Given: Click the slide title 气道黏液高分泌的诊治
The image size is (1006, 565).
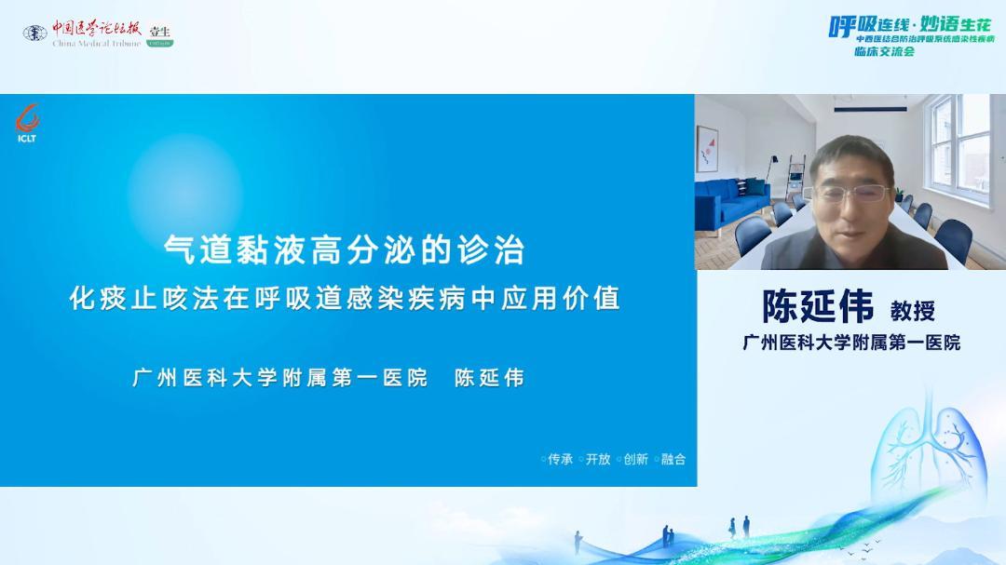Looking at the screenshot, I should click(x=345, y=249).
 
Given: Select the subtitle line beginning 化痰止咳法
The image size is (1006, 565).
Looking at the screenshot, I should click(x=345, y=298).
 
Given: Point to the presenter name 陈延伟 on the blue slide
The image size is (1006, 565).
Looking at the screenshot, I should click(x=489, y=378).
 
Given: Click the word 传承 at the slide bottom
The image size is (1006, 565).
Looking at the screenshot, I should click(x=560, y=459).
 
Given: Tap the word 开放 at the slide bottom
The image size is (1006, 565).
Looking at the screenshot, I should click(x=598, y=459).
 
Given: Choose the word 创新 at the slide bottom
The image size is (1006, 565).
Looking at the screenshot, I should click(x=635, y=459).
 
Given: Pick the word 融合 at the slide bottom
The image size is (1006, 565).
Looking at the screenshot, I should click(x=673, y=459).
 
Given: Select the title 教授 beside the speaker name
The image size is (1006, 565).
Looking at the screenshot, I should click(x=912, y=310).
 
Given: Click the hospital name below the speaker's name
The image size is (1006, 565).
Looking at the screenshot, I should click(x=850, y=343).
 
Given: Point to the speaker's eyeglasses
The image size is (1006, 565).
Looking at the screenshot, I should click(x=850, y=194).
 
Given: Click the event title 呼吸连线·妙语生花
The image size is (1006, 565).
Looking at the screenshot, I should click(x=910, y=25).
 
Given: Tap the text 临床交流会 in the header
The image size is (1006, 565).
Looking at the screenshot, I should click(x=884, y=52).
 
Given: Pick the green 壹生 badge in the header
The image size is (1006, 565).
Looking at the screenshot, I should click(x=159, y=34).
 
